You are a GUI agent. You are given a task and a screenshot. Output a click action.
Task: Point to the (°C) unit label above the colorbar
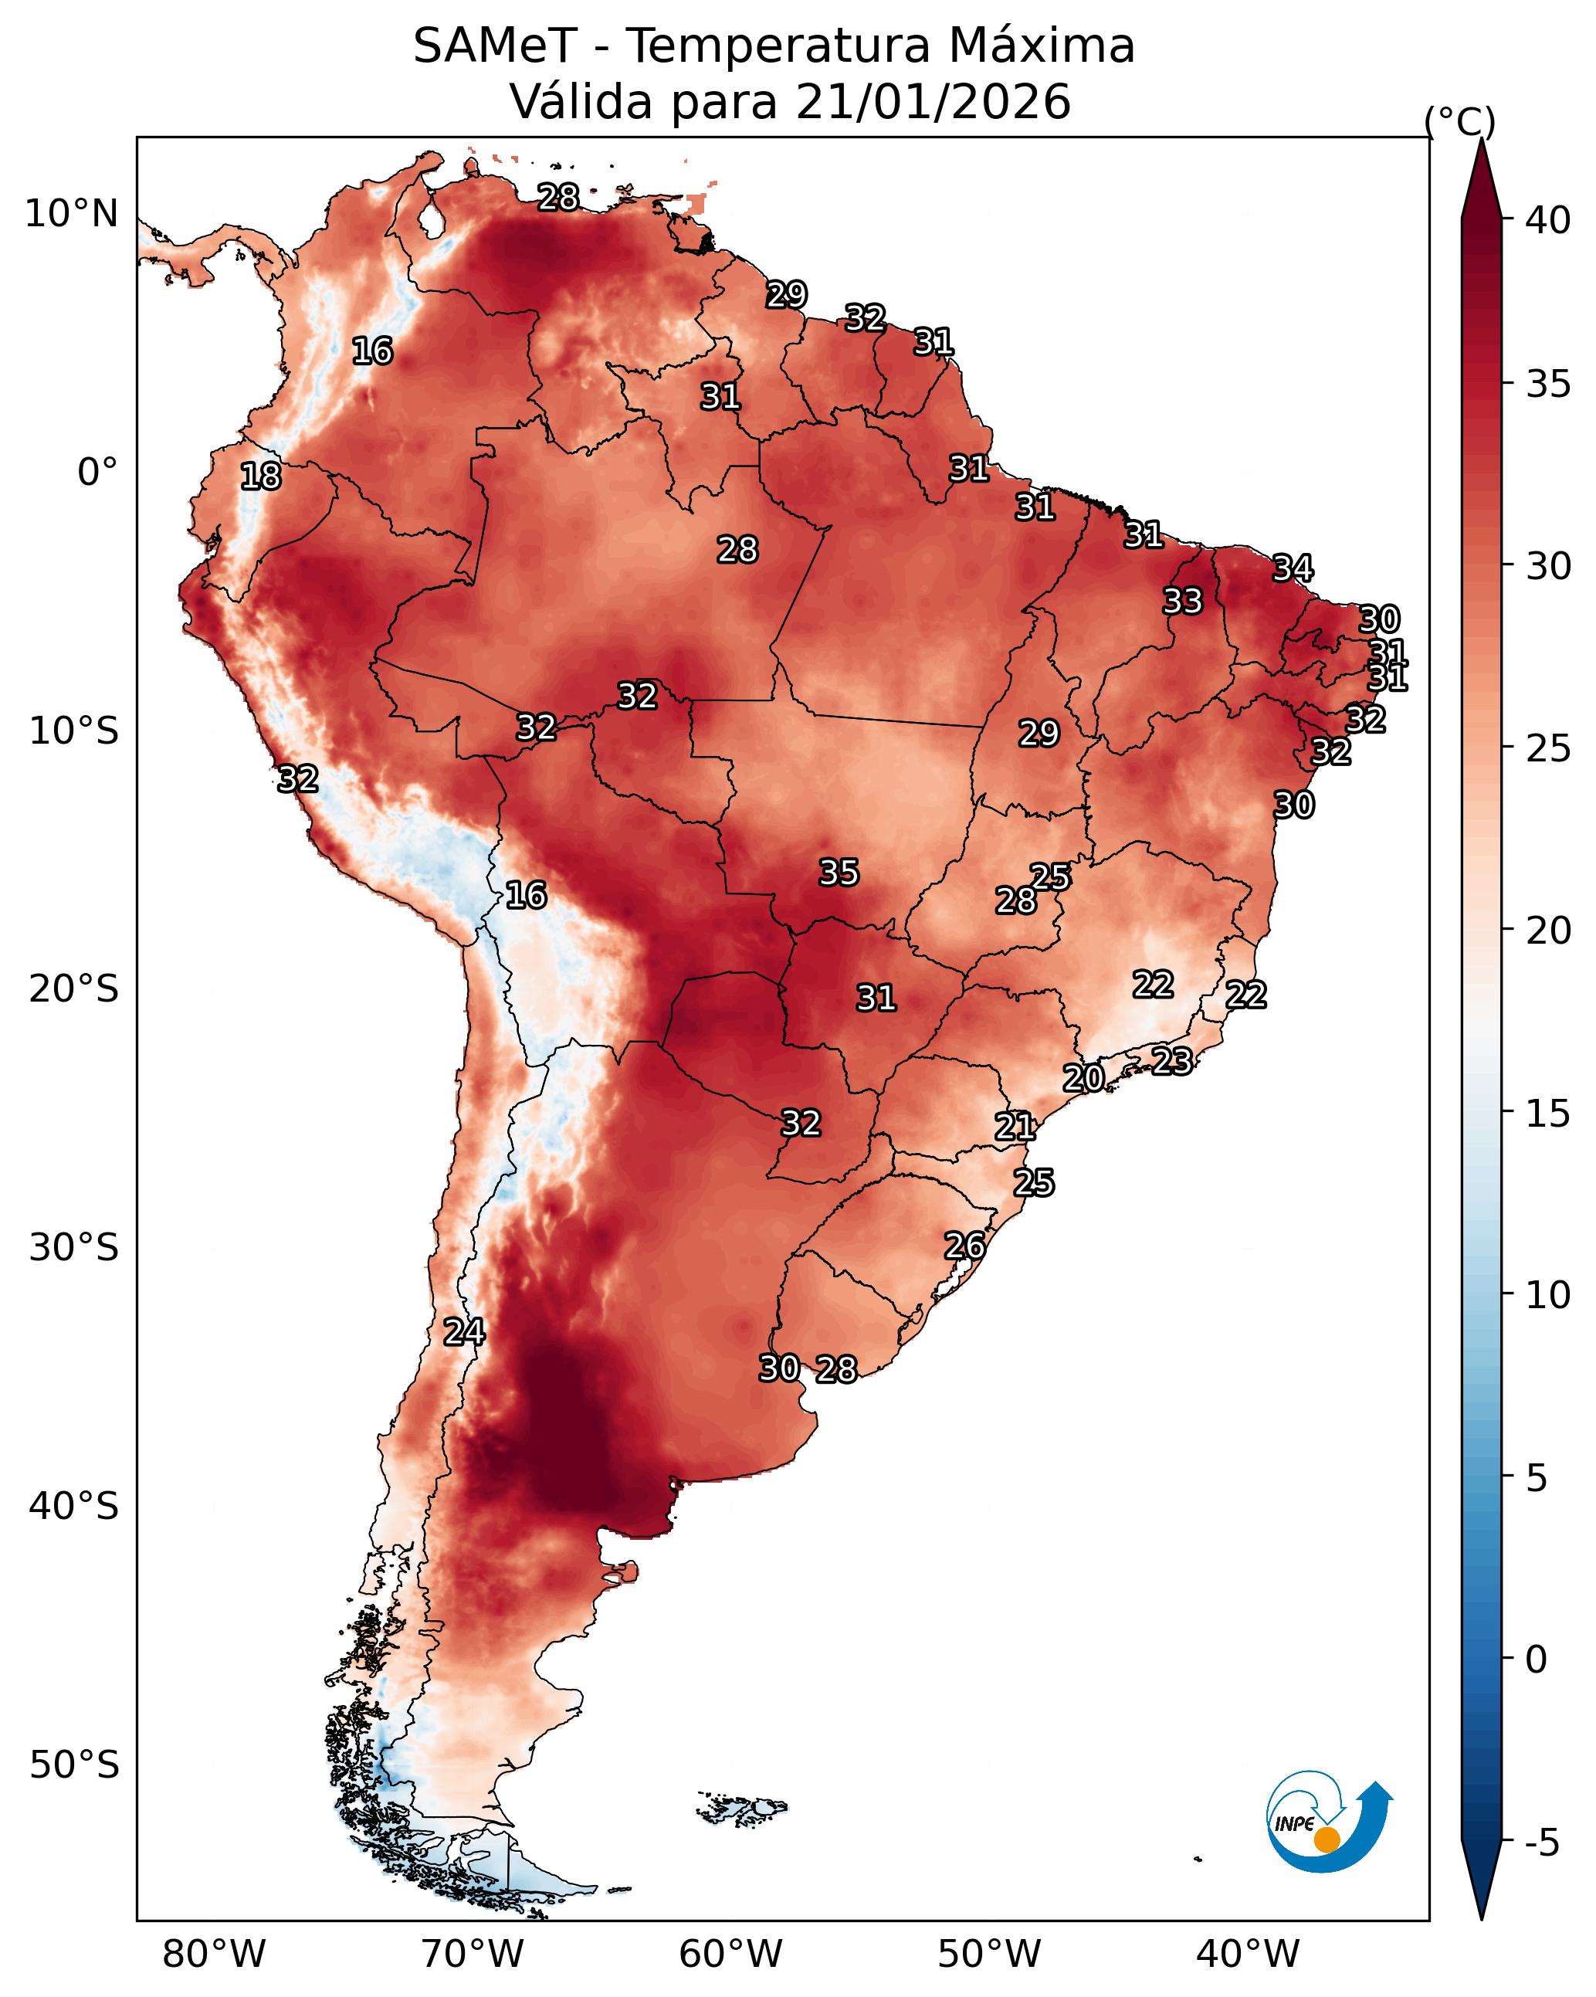1460,121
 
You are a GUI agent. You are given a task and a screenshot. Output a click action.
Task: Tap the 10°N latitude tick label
71,214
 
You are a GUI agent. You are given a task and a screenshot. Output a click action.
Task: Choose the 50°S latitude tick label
74,1765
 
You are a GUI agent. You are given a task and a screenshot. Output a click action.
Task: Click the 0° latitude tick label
97,473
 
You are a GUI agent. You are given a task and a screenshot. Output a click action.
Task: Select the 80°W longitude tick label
214,1955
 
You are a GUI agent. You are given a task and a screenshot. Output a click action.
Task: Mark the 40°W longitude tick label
1248,1955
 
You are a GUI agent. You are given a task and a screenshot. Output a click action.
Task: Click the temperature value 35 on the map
839,873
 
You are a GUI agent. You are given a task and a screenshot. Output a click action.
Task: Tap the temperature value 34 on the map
1293,568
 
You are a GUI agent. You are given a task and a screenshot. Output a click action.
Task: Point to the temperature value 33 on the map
1182,601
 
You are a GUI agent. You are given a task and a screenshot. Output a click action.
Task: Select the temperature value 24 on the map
463,1332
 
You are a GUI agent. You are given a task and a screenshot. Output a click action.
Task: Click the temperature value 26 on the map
964,1246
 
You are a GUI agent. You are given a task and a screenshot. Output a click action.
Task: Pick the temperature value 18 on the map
260,476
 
